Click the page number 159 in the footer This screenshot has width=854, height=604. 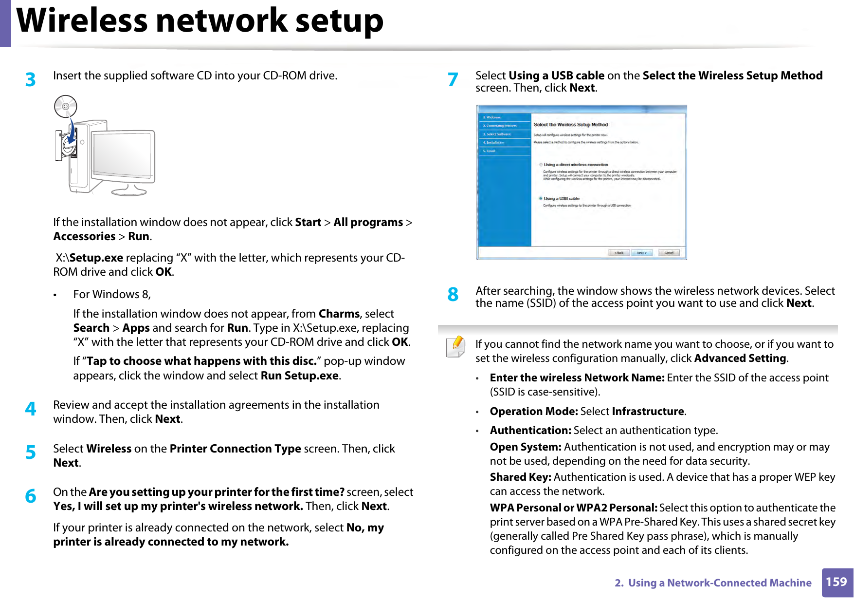836,582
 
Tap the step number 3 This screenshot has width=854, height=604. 31,79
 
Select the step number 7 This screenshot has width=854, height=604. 453,79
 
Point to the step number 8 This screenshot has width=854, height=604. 453,294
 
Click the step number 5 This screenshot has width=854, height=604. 31,453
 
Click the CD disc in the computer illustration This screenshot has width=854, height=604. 66,107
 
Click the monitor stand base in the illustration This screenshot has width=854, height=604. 129,191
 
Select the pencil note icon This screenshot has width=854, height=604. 455,347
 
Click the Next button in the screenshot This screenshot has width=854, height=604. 642,253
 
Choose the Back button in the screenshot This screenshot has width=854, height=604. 619,253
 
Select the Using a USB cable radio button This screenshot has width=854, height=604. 541,198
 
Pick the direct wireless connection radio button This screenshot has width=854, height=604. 541,165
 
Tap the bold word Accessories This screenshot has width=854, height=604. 84,237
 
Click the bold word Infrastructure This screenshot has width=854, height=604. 648,412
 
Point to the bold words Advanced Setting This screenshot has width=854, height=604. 740,359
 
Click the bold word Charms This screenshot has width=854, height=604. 339,314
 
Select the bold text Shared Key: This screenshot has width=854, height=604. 520,477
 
